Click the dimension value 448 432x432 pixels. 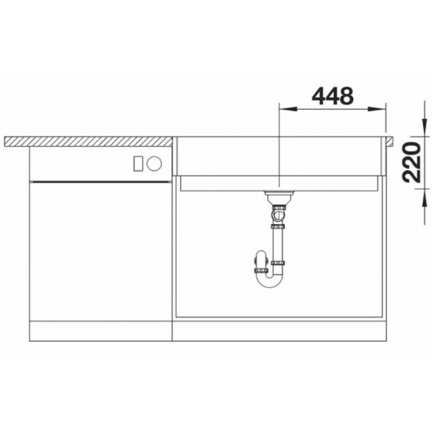[x=333, y=96]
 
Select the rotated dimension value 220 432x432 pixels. [x=411, y=162]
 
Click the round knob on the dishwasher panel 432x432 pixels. [x=154, y=164]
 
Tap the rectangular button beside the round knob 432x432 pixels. [x=138, y=164]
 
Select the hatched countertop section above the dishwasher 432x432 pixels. [x=89, y=141]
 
